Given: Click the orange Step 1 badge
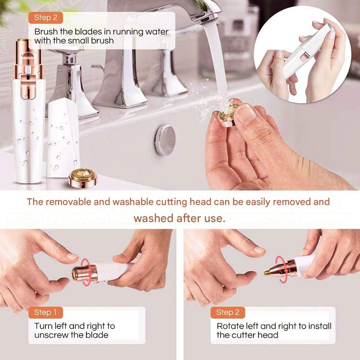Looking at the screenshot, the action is (x=45, y=313).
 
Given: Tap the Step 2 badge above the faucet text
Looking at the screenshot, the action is (x=45, y=18).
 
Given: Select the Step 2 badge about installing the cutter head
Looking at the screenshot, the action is (x=227, y=313).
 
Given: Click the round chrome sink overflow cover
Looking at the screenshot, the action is (x=165, y=140).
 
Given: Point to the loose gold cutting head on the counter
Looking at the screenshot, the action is (x=83, y=178).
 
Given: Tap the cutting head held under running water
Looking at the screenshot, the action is (x=228, y=114).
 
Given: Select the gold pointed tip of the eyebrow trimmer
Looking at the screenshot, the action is (x=267, y=272).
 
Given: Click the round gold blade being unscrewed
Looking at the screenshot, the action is (x=74, y=273).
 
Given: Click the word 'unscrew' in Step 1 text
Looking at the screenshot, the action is (x=51, y=335).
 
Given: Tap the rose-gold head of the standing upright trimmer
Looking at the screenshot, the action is (x=29, y=69).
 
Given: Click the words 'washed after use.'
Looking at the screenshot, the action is (x=180, y=218).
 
